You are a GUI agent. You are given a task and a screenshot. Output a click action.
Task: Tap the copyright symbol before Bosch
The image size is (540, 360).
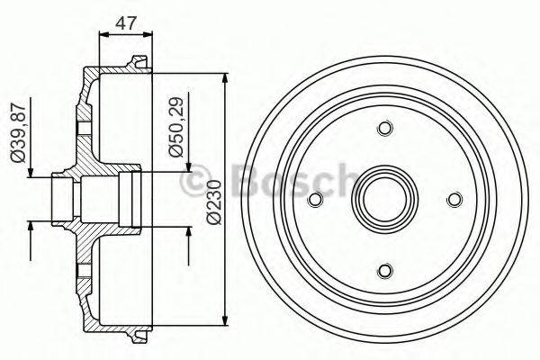(x=193, y=184)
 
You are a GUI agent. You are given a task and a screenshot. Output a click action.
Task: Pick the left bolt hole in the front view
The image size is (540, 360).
(x=315, y=200)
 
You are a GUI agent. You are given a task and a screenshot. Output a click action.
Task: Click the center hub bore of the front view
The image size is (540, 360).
(x=384, y=200)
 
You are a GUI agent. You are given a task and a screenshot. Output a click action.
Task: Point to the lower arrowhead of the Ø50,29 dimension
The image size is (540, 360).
(x=190, y=233)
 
